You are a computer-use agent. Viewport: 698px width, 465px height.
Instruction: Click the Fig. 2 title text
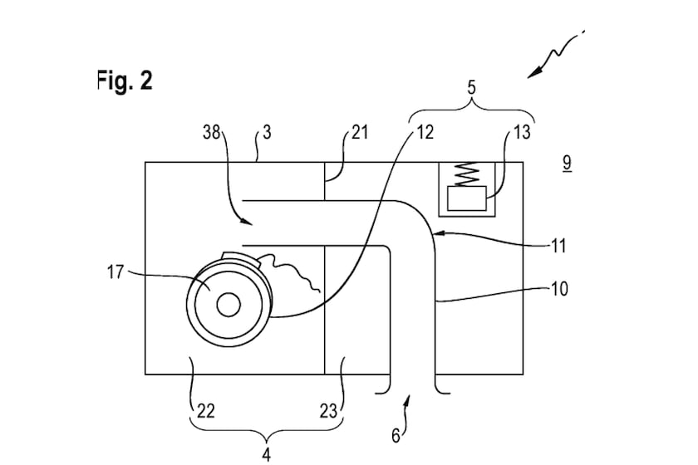pyautogui.click(x=125, y=82)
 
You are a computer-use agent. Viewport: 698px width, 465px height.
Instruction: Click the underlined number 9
pyautogui.click(x=566, y=163)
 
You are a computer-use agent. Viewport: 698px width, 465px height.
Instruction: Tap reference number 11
pyautogui.click(x=558, y=246)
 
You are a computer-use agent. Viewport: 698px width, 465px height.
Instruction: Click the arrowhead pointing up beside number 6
pyautogui.click(x=408, y=401)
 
